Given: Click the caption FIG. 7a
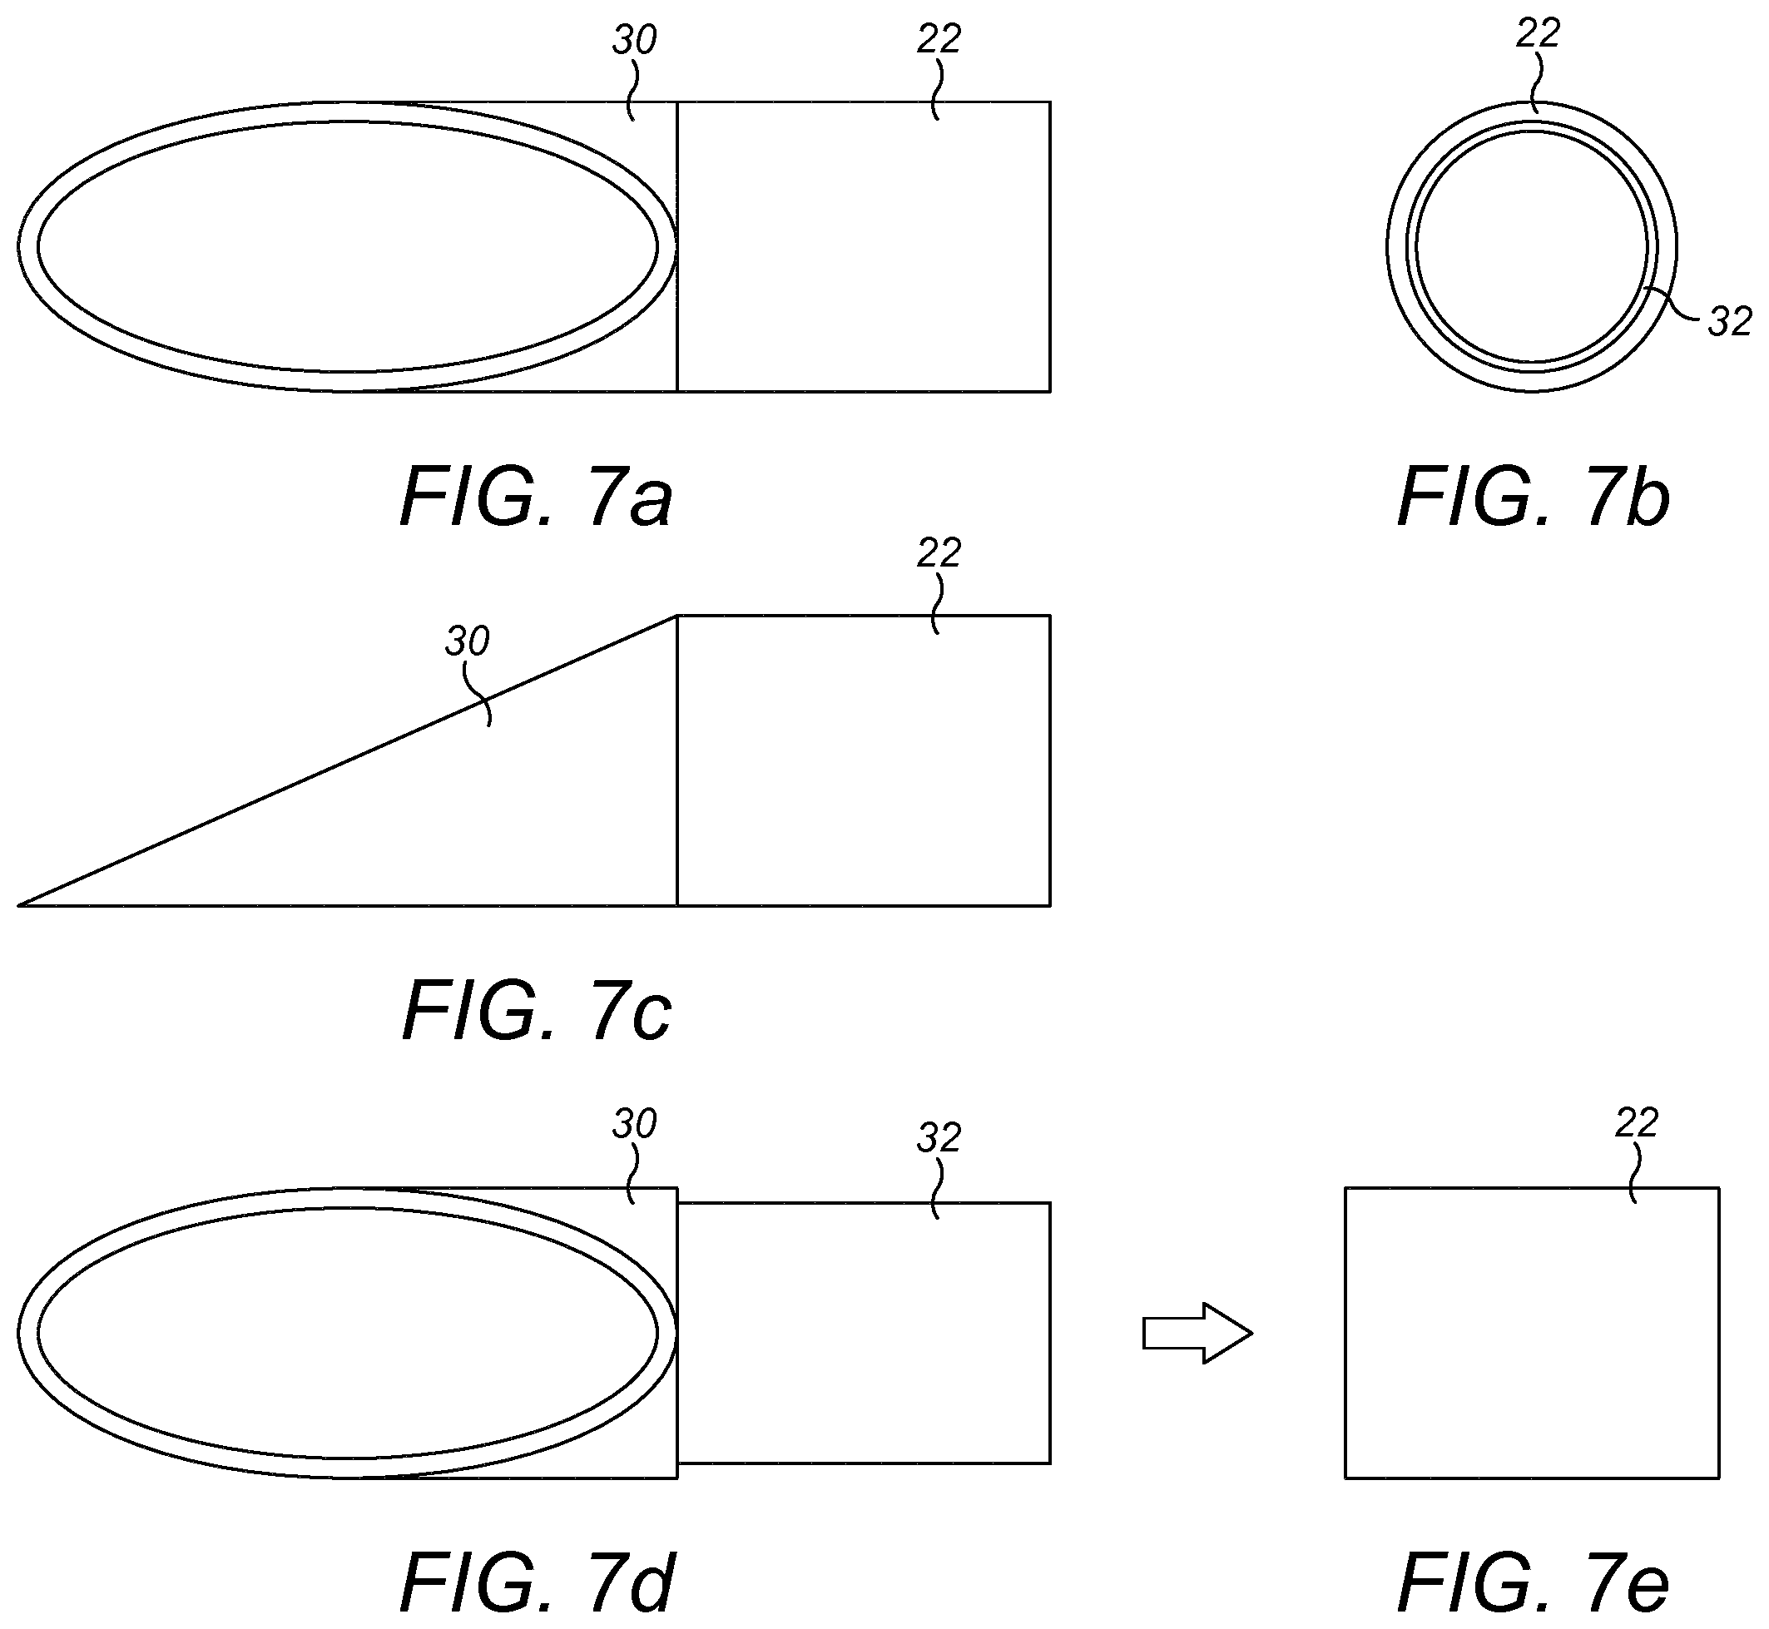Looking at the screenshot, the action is click(536, 498).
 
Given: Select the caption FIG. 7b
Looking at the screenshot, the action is click(1533, 498).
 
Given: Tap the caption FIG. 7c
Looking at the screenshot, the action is click(536, 1011).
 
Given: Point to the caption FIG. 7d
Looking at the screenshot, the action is click(538, 1582).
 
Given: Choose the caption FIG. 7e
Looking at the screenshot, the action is click(1533, 1582).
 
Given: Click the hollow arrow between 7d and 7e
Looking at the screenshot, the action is click(1197, 1334).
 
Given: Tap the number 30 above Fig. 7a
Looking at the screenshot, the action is click(635, 40).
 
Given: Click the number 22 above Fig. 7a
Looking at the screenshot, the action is click(939, 39).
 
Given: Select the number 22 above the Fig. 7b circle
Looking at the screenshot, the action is click(1538, 33).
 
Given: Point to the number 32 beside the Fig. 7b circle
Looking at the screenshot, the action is click(1730, 322).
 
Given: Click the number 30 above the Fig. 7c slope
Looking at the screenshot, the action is click(466, 641).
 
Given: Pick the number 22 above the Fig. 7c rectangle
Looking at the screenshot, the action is click(939, 552).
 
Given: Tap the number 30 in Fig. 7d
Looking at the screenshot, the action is click(635, 1124).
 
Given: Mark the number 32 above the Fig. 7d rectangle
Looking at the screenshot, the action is click(939, 1139).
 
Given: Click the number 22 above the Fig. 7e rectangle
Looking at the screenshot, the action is click(1637, 1123).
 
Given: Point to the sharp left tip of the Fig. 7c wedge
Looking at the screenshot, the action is click(18, 905).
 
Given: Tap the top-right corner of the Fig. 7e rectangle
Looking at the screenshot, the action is click(1719, 1188).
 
